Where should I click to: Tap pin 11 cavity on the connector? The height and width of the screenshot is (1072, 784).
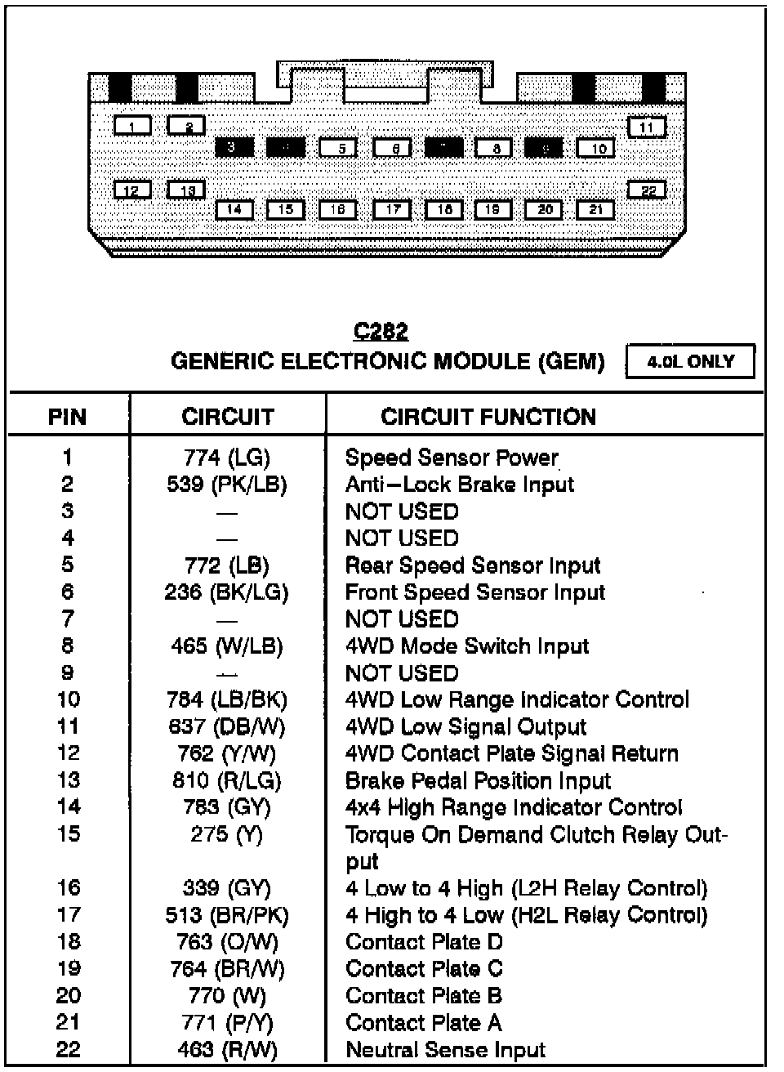pos(647,127)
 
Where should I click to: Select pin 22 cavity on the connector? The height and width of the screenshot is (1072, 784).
pos(647,190)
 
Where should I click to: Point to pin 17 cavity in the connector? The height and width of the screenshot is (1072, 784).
pos(392,209)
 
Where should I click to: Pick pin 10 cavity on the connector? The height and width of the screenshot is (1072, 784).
pos(596,148)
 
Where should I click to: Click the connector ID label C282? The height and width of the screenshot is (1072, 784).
pos(380,331)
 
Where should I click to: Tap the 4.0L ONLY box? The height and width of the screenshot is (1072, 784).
pos(690,361)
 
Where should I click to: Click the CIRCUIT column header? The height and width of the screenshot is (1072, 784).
pos(227,417)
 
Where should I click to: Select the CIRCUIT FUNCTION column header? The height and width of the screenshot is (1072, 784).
pos(488,417)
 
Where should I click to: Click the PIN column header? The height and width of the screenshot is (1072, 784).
pos(67,417)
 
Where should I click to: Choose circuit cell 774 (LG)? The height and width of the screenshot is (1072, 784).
pos(227,458)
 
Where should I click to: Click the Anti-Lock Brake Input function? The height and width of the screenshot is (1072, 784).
pos(460,485)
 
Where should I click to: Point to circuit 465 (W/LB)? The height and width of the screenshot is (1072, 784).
pos(227,646)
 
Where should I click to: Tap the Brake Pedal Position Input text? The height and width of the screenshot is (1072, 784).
pos(478,781)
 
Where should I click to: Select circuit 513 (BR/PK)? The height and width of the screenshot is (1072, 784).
pos(227,915)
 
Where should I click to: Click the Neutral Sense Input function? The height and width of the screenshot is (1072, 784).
pos(445,1050)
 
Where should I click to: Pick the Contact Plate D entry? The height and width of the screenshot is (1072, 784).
pos(424,942)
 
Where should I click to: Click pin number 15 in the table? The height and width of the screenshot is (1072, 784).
pos(69,834)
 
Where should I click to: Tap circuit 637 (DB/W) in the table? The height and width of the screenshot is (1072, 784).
pos(227,726)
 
